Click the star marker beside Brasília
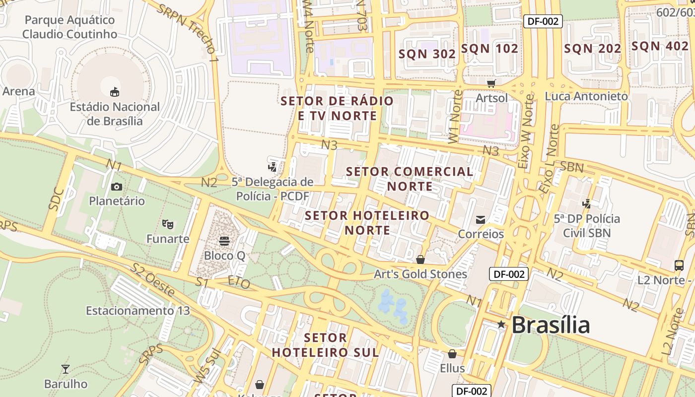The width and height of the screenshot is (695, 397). pyautogui.click(x=501, y=325)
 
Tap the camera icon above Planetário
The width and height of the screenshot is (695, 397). pyautogui.click(x=117, y=187)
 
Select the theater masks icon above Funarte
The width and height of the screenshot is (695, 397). pyautogui.click(x=168, y=224)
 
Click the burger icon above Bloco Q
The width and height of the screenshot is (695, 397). pyautogui.click(x=224, y=241)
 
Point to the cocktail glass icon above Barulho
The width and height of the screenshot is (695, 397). pyautogui.click(x=65, y=369)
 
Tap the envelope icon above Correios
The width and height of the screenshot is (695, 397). pyautogui.click(x=480, y=219)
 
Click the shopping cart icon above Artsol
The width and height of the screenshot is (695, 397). pyautogui.click(x=491, y=83)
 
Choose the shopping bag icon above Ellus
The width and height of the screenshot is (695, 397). pyautogui.click(x=452, y=354)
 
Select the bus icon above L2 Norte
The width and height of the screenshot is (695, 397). pyautogui.click(x=679, y=265)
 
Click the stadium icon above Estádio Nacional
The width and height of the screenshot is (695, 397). pyautogui.click(x=115, y=92)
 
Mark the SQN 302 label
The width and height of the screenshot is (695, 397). pyautogui.click(x=427, y=54)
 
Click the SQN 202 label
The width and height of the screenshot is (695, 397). pyautogui.click(x=593, y=49)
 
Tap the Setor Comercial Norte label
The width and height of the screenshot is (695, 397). pyautogui.click(x=410, y=179)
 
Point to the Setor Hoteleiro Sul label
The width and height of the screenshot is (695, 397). pyautogui.click(x=325, y=345)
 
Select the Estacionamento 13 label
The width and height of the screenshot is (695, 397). pyautogui.click(x=138, y=311)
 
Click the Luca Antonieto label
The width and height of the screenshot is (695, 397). pyautogui.click(x=586, y=96)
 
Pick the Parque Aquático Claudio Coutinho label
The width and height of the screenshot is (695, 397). pyautogui.click(x=69, y=27)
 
